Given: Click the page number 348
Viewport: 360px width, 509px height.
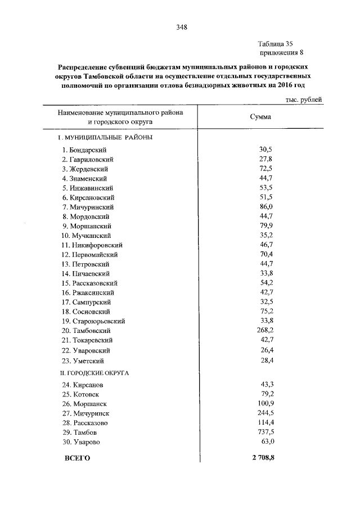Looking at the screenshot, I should pos(181,27).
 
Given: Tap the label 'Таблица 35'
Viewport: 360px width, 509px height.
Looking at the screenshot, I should pos(276,44).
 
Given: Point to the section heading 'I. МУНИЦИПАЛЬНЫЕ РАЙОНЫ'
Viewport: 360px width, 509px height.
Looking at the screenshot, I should pos(106,137).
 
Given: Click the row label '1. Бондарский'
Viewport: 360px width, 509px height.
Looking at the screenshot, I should pos(84,150).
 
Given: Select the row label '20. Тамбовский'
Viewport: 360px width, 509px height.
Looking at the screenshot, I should pos(86,331).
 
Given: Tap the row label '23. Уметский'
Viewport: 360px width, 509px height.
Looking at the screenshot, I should pos(83,361).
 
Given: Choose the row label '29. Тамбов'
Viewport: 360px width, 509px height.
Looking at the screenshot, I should pos(79,433).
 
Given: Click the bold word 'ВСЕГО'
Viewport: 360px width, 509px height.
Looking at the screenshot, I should pos(78,458).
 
